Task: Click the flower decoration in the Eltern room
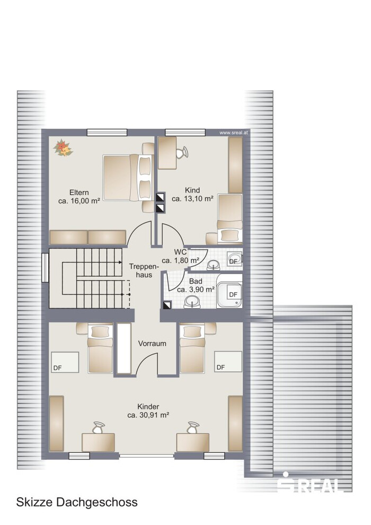click(63, 147)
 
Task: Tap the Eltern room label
click(79, 192)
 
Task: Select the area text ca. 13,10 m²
click(192, 199)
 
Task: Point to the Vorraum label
click(152, 344)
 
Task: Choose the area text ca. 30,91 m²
click(148, 415)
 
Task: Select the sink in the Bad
click(192, 303)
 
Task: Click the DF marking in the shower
click(233, 295)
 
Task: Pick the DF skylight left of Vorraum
click(65, 362)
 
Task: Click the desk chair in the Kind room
click(182, 153)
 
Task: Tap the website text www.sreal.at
click(234, 133)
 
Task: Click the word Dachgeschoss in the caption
click(96, 503)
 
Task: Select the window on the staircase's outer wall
click(45, 267)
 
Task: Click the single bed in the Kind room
click(230, 218)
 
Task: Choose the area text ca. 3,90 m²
click(196, 290)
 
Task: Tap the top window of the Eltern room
click(107, 133)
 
